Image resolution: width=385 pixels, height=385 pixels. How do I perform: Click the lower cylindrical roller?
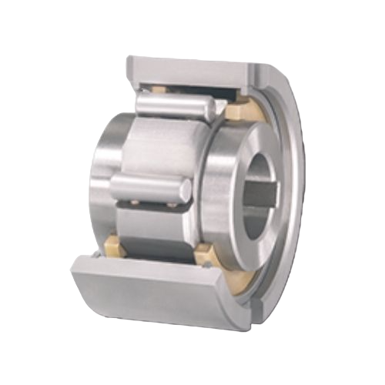[150, 187]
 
